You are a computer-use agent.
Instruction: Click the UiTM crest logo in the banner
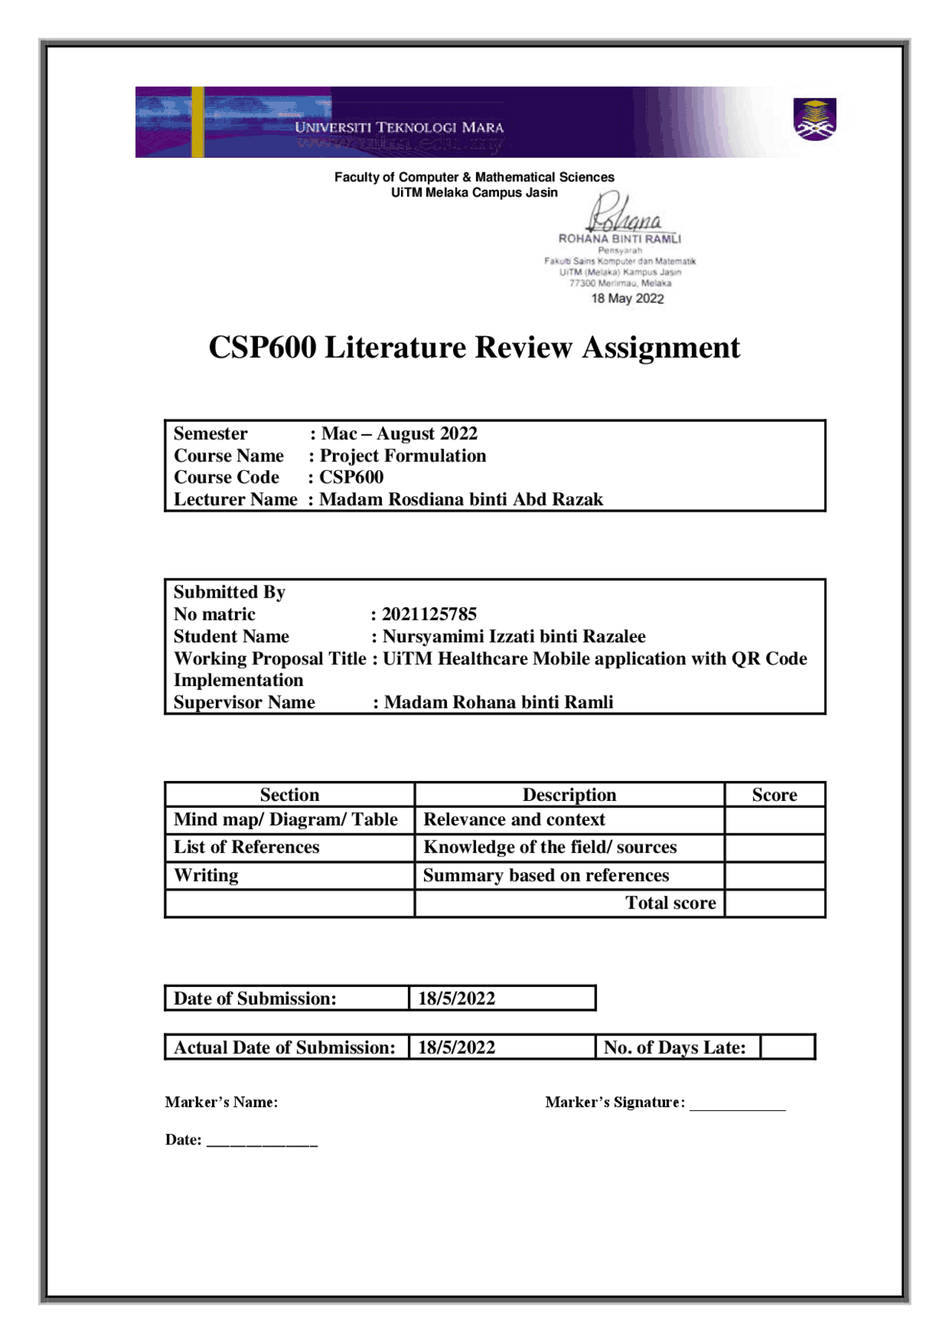click(x=815, y=119)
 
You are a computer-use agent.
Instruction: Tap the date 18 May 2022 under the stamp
click(x=627, y=299)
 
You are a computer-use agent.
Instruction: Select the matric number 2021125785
click(x=429, y=614)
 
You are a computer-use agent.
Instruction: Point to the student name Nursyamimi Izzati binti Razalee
click(x=514, y=636)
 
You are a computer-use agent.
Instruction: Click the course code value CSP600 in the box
click(x=351, y=478)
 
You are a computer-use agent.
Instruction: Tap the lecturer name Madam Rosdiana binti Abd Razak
click(x=461, y=500)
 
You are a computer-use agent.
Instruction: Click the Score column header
click(x=774, y=795)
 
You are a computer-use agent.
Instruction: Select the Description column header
click(x=569, y=795)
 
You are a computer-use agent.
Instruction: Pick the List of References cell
click(x=247, y=847)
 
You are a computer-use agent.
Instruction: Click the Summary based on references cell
click(x=546, y=876)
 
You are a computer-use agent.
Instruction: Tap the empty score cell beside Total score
click(x=774, y=903)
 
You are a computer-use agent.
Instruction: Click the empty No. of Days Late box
click(x=787, y=1047)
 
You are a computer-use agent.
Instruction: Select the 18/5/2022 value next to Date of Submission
click(x=457, y=999)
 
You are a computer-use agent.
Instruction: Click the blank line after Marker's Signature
click(x=737, y=1105)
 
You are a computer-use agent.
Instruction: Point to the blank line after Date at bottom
click(x=262, y=1142)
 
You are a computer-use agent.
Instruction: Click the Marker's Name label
click(x=221, y=1103)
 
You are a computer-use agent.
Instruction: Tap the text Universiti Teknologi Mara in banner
click(x=399, y=128)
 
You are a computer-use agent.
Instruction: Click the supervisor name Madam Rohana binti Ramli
click(x=498, y=702)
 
